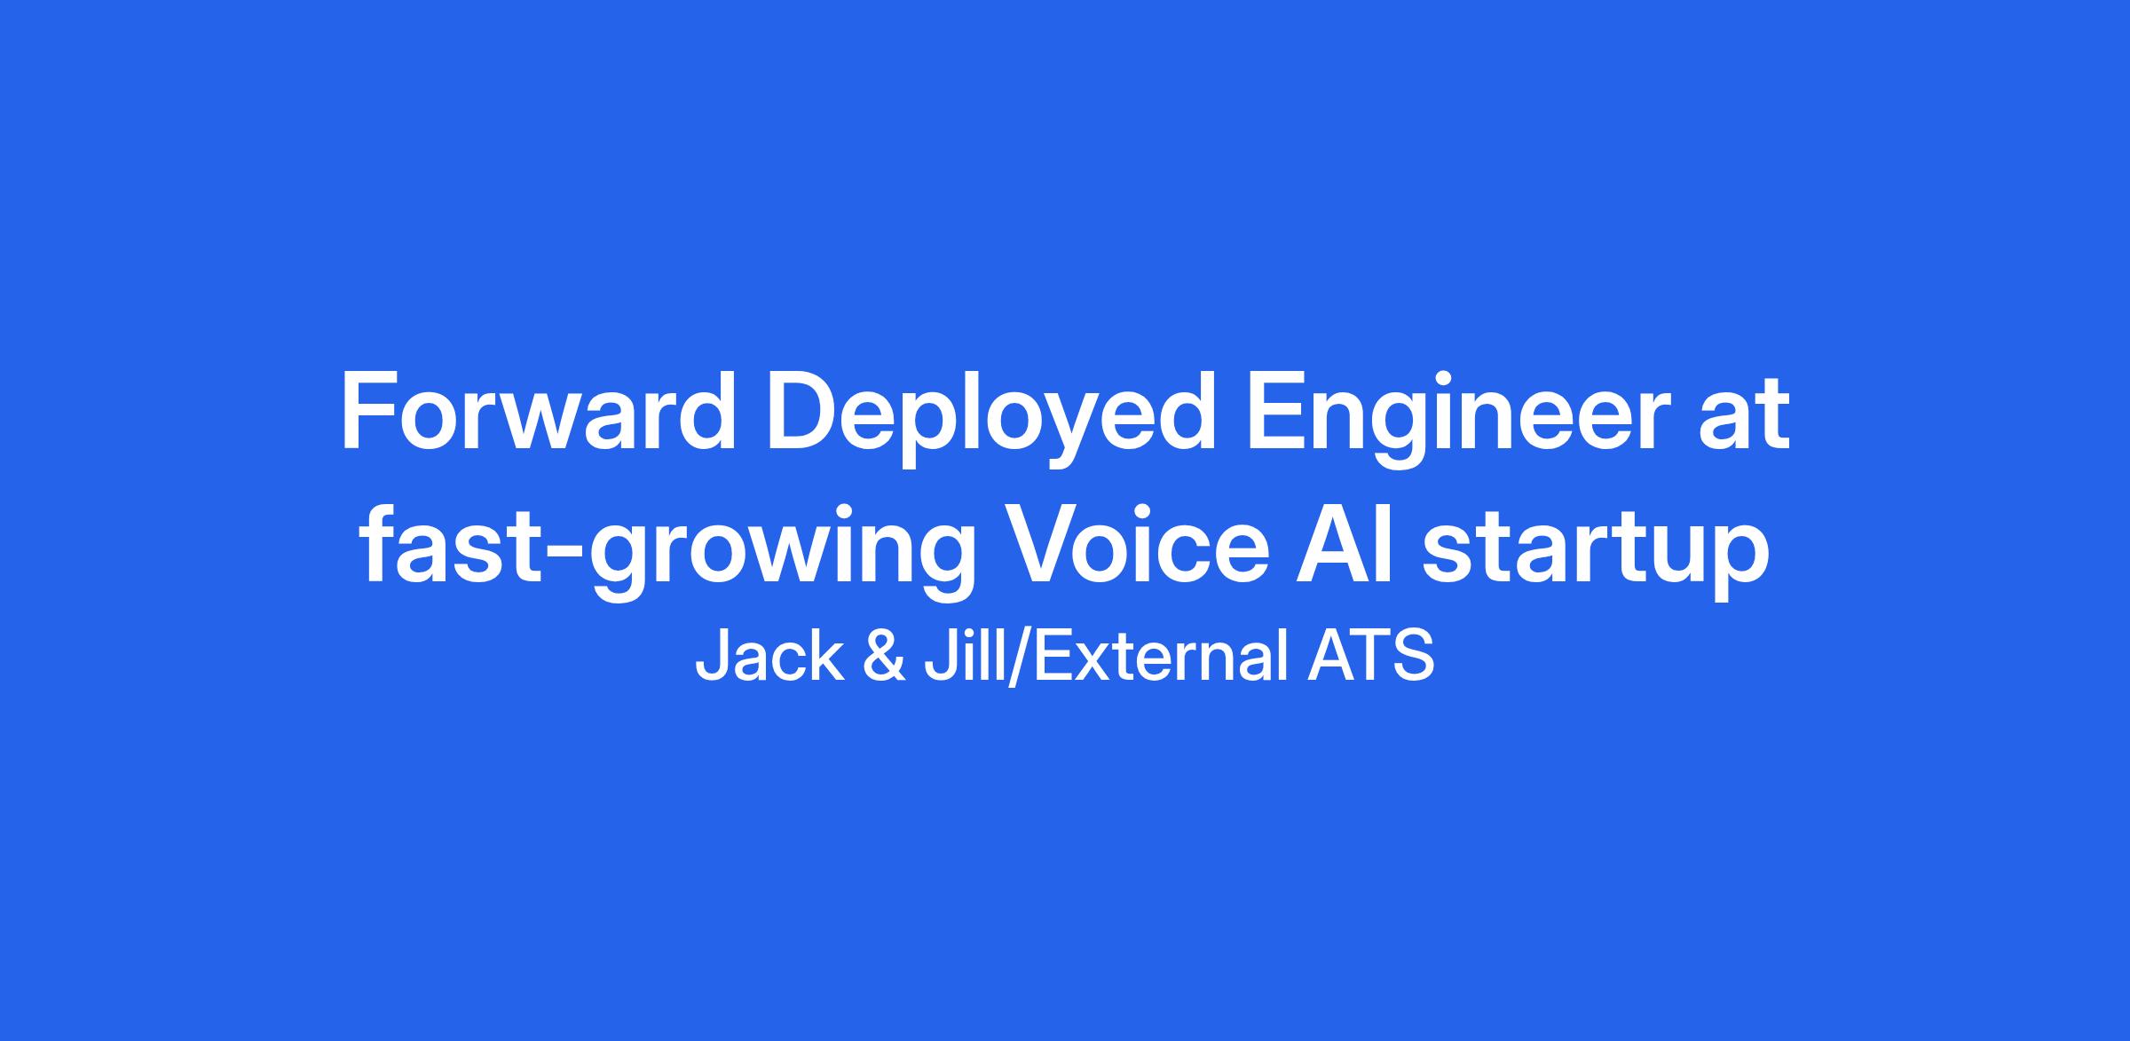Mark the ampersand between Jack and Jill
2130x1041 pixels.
(x=883, y=657)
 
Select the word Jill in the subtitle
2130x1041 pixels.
(x=962, y=657)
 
